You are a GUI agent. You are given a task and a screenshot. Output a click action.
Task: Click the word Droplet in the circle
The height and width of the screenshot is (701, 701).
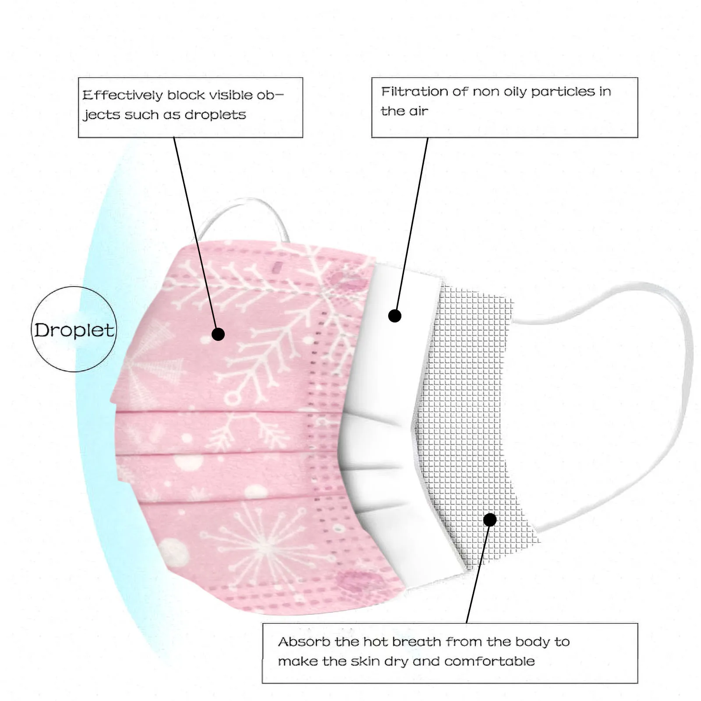tap(74, 330)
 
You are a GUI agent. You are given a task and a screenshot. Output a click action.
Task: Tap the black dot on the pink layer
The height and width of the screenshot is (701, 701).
tap(218, 334)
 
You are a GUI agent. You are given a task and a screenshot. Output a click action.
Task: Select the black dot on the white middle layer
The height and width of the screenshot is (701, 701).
tap(395, 315)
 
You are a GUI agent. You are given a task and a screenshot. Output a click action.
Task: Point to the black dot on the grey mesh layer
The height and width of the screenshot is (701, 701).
tap(490, 520)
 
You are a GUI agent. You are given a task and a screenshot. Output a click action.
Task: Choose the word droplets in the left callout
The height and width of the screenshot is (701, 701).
tap(215, 115)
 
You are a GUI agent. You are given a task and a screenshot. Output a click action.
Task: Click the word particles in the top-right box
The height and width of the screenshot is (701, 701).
tap(563, 92)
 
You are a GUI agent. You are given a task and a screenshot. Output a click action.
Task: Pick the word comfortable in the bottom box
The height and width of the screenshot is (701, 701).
tap(489, 661)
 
